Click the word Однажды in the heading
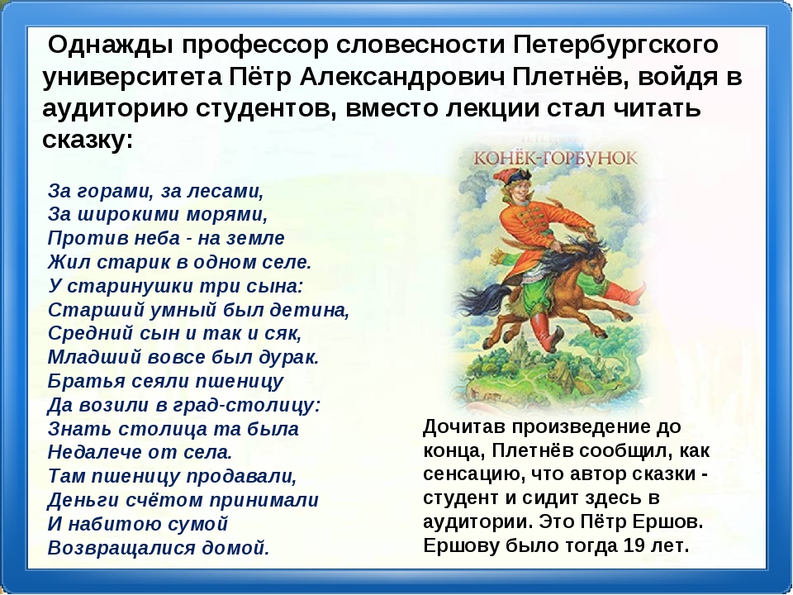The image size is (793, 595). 110,45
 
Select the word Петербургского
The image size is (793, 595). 616,45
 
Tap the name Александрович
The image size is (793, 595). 402,77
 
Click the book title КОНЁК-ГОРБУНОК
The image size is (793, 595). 555,159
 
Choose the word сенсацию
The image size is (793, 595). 473,475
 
